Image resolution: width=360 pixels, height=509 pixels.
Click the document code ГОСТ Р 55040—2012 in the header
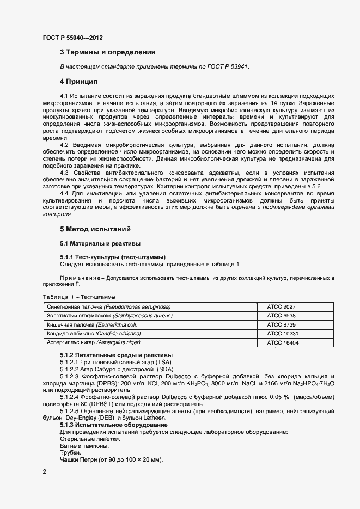[x=72, y=38]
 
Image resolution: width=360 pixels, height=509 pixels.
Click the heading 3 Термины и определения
[x=107, y=52]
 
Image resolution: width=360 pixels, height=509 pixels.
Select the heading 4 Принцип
[x=78, y=81]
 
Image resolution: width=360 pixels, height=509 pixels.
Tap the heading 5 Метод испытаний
[x=95, y=229]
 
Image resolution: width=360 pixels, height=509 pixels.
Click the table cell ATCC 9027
[x=281, y=307]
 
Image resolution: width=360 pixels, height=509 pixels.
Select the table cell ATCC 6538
[x=281, y=316]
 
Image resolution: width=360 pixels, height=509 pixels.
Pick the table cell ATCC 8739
[x=281, y=324]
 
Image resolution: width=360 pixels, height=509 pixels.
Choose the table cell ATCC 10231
[x=283, y=333]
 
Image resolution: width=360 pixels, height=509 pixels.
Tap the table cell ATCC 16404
[x=283, y=342]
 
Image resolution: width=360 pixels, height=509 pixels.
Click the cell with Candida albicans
[x=94, y=333]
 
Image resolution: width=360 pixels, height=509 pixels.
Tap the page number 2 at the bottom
[x=44, y=471]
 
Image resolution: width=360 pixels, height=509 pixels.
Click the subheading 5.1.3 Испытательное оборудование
[x=113, y=425]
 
